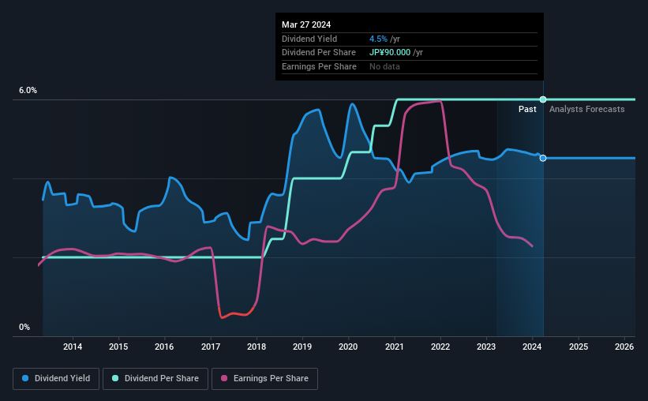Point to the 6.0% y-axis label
28,91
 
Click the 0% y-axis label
24,327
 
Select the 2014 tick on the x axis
73,347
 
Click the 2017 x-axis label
211,347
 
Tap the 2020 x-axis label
348,347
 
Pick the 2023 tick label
486,347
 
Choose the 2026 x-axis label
624,347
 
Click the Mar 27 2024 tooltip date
307,24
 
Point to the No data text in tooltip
384,66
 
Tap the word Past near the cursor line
528,109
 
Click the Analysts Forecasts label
586,109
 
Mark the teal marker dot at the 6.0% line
543,99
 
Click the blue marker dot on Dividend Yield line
543,158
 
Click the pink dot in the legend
224,379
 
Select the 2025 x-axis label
578,347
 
